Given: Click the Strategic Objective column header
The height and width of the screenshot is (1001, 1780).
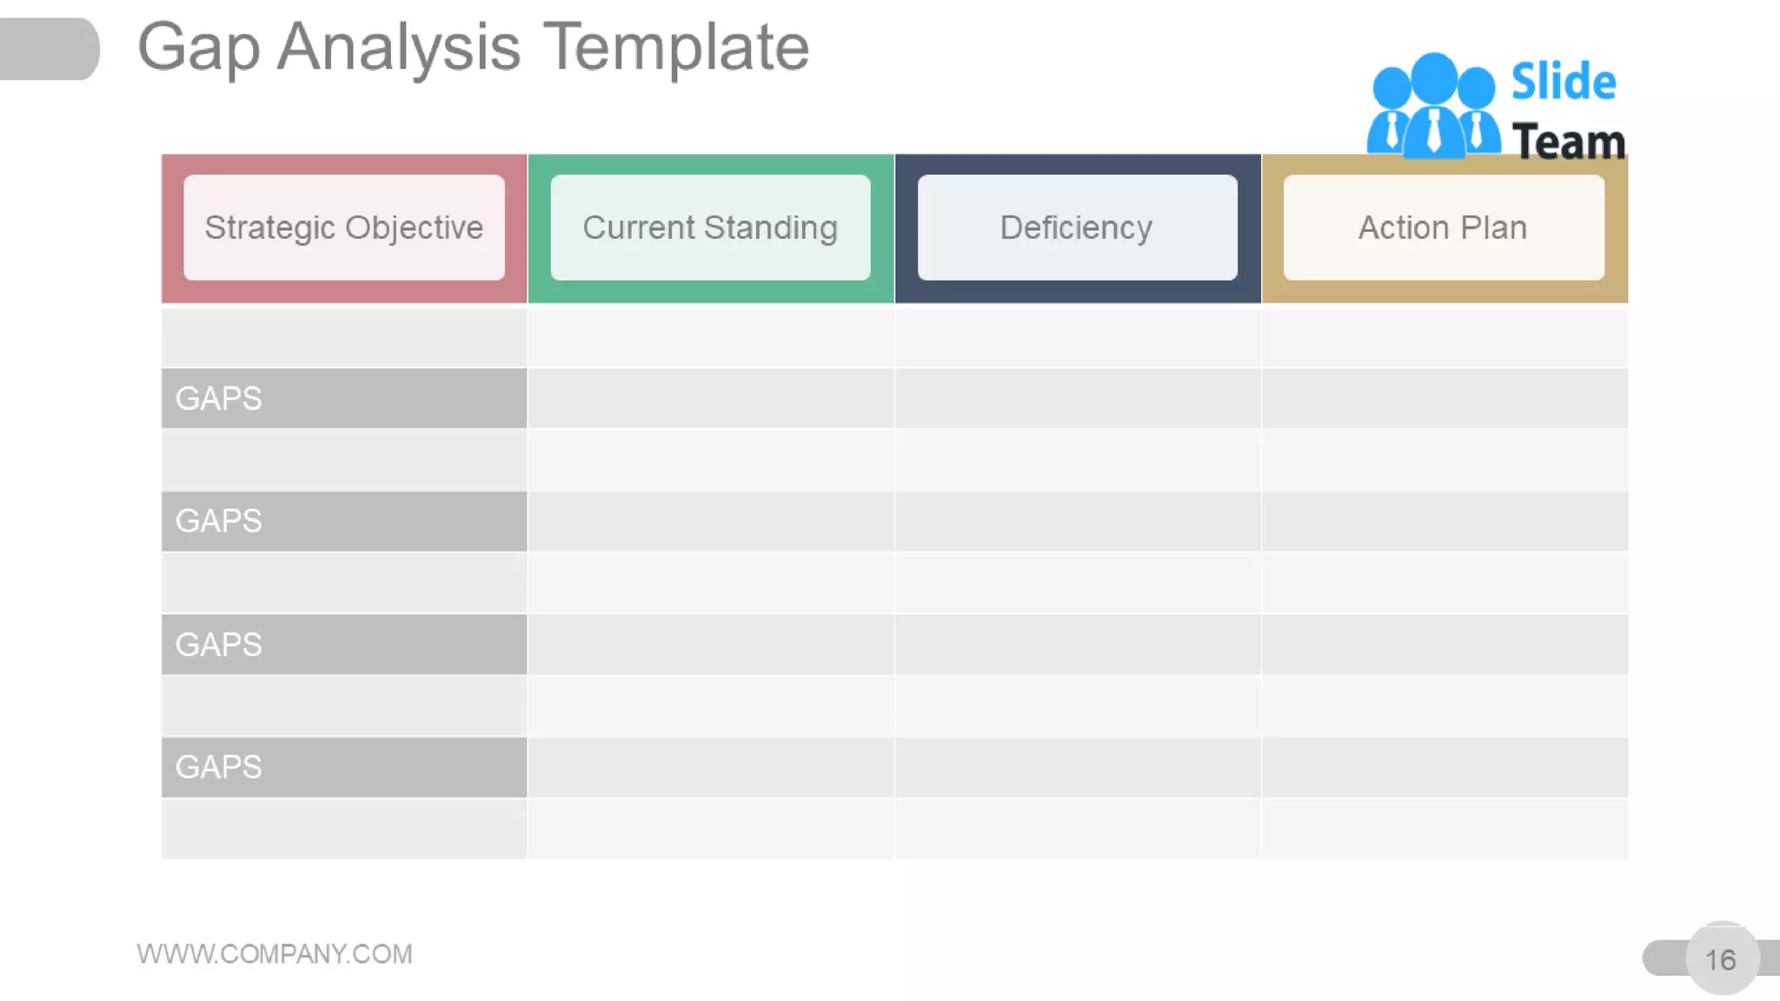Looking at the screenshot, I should click(x=344, y=228).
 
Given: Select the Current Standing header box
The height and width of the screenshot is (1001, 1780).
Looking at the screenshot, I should click(x=710, y=228).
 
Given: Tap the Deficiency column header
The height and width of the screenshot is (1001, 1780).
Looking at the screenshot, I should click(x=1077, y=228).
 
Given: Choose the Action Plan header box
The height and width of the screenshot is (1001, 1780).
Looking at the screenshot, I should click(x=1444, y=228).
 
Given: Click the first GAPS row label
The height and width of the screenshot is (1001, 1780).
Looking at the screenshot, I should click(x=219, y=398).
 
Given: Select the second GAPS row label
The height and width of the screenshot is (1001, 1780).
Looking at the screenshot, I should click(x=219, y=521).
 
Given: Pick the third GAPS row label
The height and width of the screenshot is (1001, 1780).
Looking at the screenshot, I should click(x=219, y=645).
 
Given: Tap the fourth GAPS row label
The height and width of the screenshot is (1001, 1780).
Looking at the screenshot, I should click(x=219, y=767).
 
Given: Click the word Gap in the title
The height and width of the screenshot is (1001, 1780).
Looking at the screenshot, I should click(x=199, y=47).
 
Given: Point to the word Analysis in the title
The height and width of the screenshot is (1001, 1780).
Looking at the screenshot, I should click(x=399, y=47).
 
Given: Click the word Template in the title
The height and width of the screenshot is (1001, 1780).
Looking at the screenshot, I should click(x=676, y=47).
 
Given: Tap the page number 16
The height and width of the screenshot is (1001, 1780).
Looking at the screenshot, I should click(x=1721, y=959).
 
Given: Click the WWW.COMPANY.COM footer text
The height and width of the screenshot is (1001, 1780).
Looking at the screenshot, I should click(x=275, y=954).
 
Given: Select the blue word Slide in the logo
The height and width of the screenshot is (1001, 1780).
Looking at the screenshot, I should click(x=1563, y=82).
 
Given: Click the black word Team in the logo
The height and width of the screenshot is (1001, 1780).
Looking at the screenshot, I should click(x=1568, y=142).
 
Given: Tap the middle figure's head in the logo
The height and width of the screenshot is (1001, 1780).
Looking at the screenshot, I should click(x=1434, y=76).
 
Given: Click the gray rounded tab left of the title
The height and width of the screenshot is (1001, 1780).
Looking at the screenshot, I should click(x=49, y=49).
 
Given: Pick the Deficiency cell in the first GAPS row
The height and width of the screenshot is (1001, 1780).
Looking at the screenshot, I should click(x=1077, y=398).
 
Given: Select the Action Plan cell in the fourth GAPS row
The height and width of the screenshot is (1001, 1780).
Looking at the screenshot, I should click(x=1444, y=767).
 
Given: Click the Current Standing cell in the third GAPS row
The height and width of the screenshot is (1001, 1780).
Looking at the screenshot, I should click(x=710, y=645).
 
